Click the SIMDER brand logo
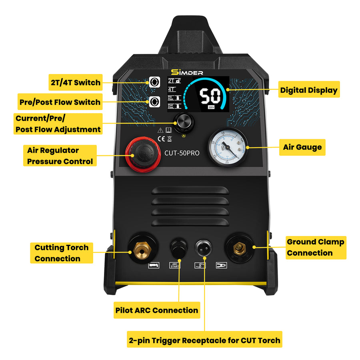click(x=187, y=72)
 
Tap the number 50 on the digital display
click(x=210, y=96)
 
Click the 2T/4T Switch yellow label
click(x=76, y=82)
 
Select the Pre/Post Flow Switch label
click(x=60, y=102)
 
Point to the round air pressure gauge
click(x=227, y=148)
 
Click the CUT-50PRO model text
click(x=182, y=153)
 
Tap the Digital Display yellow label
click(x=308, y=90)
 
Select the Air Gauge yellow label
click(x=302, y=147)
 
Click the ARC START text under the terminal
click(x=175, y=265)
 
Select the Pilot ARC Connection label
click(x=156, y=310)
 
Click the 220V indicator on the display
click(x=211, y=107)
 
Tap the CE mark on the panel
click(x=160, y=139)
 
